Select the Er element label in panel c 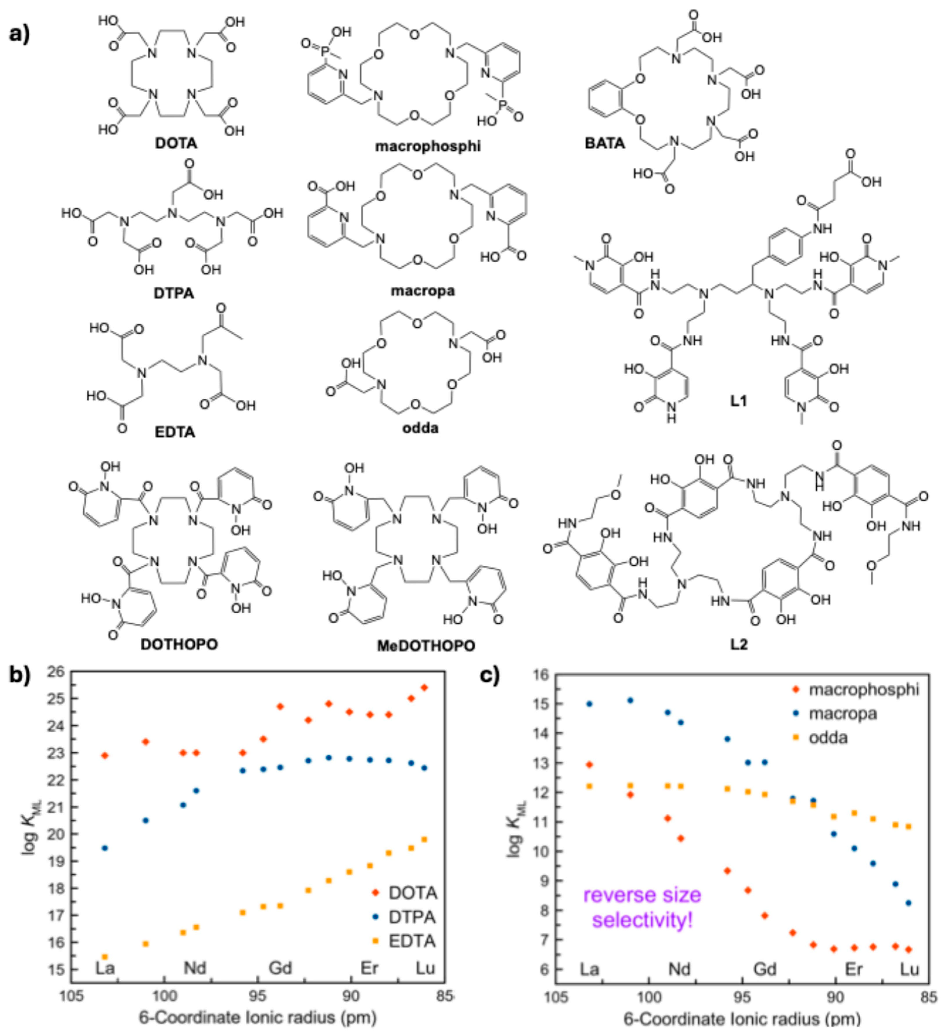coord(854,969)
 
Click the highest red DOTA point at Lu coord(424,687)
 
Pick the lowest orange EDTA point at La coord(105,957)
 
